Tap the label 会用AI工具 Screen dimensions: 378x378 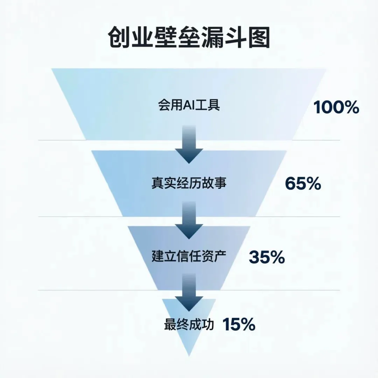point(189,105)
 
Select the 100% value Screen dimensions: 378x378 point(336,107)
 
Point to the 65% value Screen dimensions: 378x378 point(303,183)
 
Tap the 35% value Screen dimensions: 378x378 point(267,258)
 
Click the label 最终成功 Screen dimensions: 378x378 point(189,325)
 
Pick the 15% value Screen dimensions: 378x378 point(239,325)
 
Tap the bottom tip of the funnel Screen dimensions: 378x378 point(189,355)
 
